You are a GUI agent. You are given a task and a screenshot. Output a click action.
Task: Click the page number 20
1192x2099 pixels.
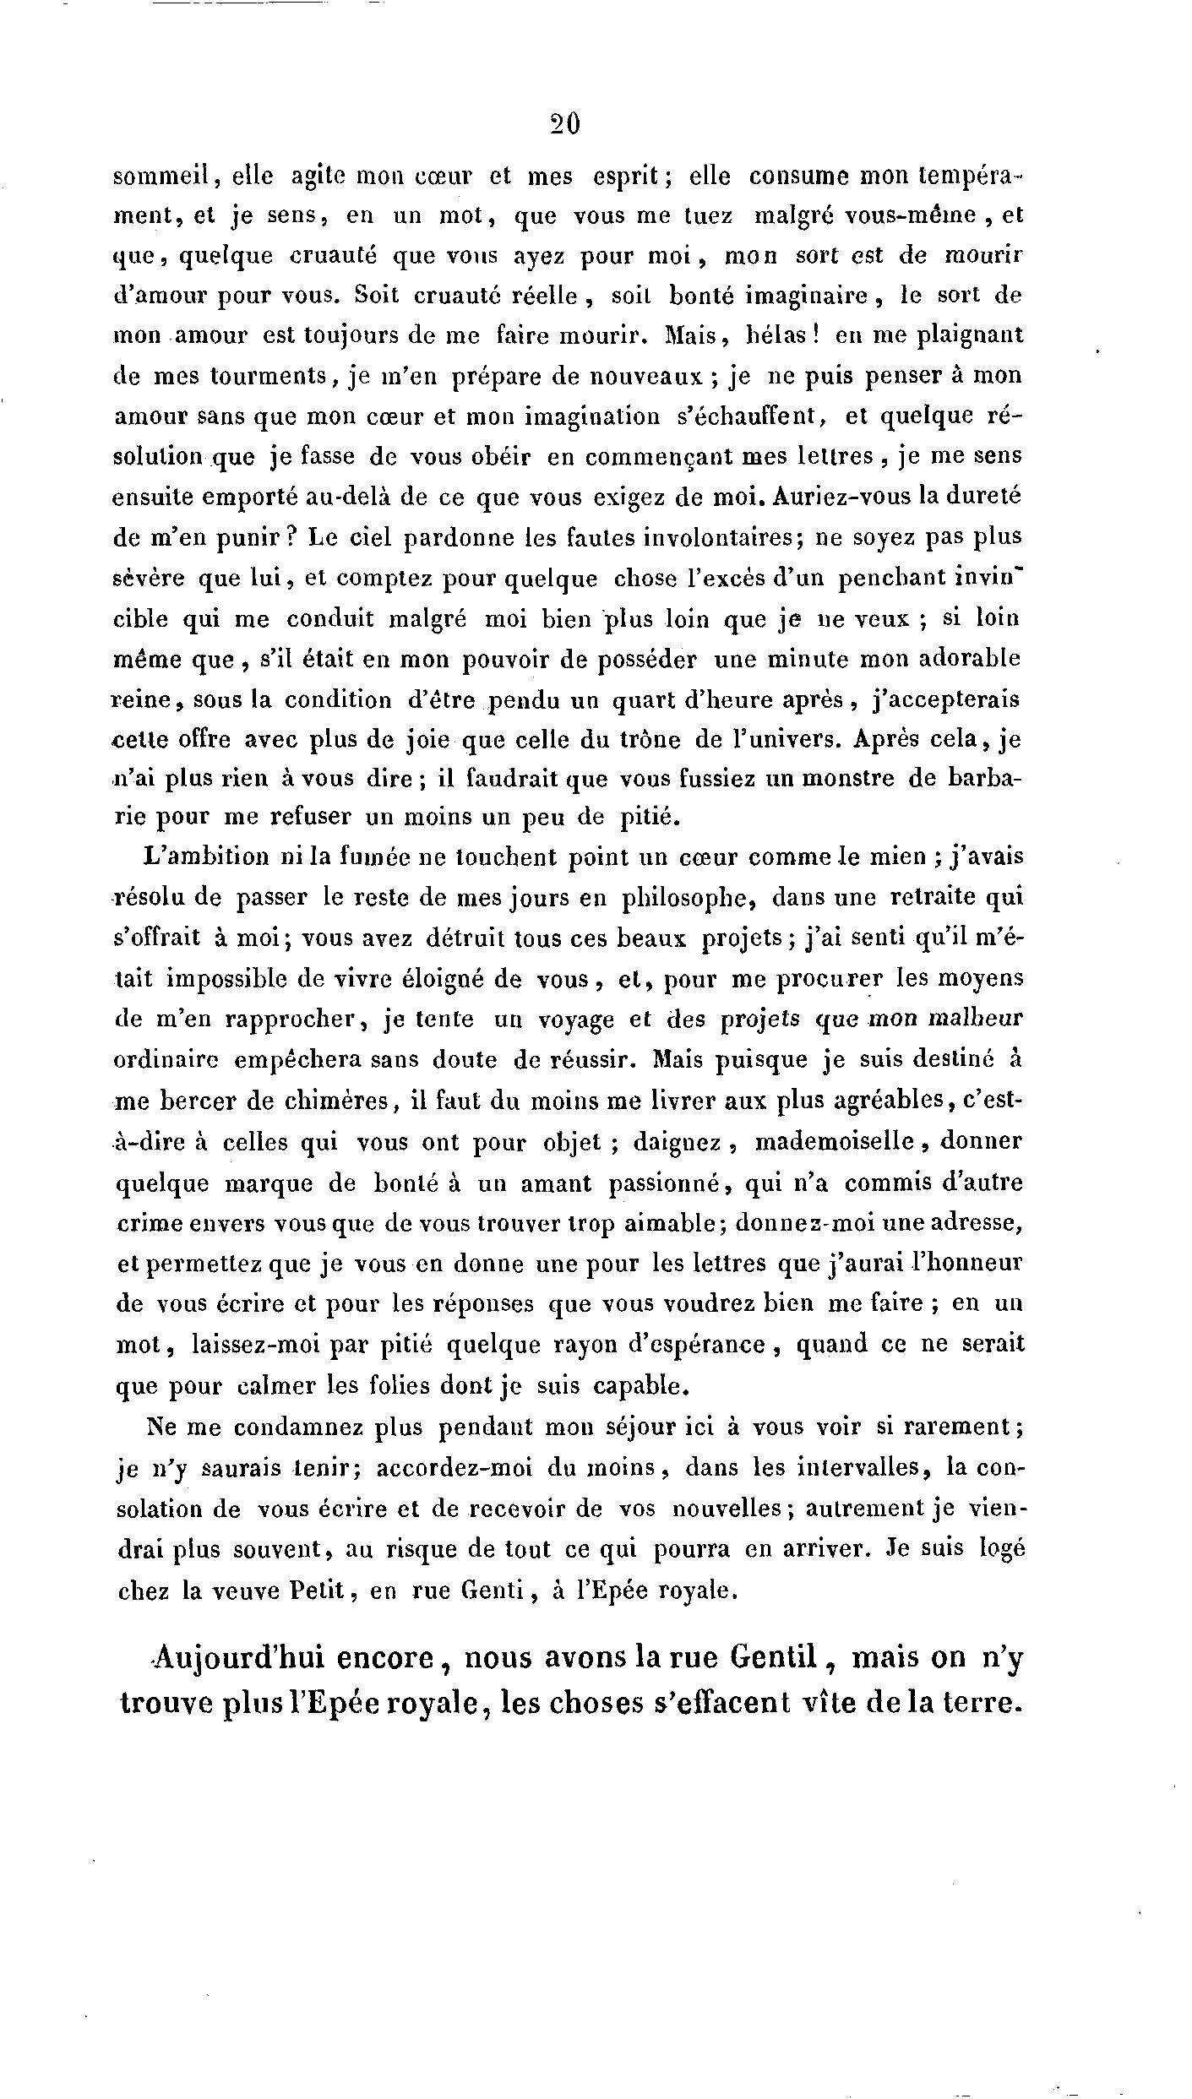pyautogui.click(x=564, y=125)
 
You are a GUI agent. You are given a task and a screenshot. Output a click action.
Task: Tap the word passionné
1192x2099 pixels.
pyautogui.click(x=662, y=1183)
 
